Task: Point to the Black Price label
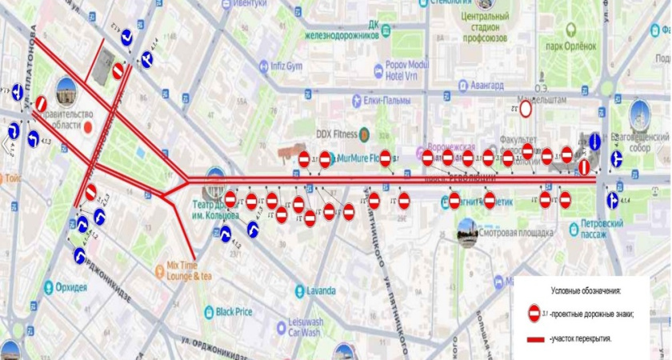234,311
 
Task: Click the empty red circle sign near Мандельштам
526,109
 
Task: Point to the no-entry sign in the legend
534,313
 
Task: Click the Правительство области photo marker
65,90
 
